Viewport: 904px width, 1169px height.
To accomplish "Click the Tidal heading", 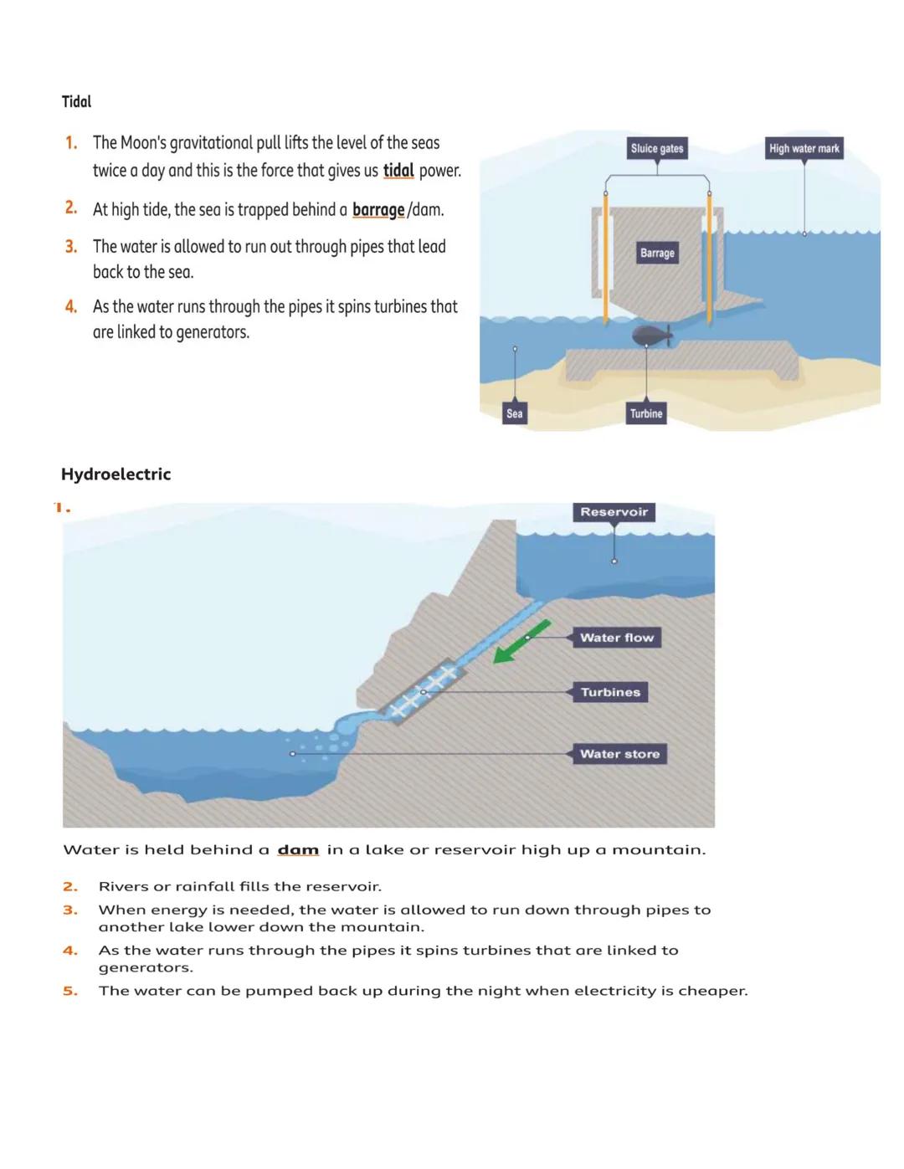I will pos(76,101).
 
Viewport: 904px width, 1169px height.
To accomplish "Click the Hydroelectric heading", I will pos(116,474).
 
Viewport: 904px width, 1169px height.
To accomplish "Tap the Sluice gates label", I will pos(657,148).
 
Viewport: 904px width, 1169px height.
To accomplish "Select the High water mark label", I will pos(804,148).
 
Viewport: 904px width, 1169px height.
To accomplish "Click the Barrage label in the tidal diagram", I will pos(657,253).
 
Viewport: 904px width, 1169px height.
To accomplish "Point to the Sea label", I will pos(515,413).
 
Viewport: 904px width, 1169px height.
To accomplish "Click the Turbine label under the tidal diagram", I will pos(646,413).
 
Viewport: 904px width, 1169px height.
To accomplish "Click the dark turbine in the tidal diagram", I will pos(651,336).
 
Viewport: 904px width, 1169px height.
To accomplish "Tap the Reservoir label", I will pos(614,512).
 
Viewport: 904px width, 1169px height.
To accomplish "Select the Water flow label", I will pos(617,638).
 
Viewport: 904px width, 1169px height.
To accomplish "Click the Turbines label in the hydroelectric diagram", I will pos(610,692).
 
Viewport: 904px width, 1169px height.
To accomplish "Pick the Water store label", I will pos(619,754).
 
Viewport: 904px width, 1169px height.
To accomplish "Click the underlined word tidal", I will pos(398,171).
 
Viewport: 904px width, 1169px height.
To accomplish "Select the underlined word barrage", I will pos(378,209).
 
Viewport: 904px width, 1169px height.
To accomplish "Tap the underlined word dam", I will pos(298,849).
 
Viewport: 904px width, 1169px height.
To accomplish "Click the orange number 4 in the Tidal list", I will pos(71,307).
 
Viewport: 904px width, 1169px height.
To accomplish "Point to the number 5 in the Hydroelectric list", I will pos(70,991).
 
